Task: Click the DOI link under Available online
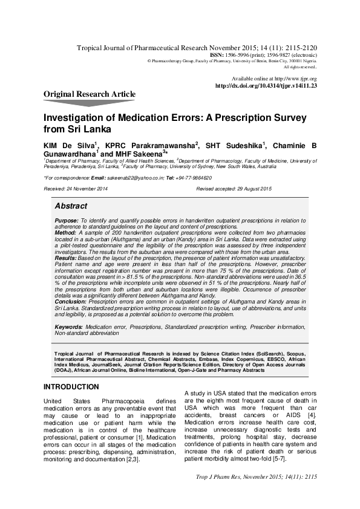pos(266,86)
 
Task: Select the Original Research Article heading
pos(90,94)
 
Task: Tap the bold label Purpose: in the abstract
pos(67,221)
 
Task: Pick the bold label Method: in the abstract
pos(65,232)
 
